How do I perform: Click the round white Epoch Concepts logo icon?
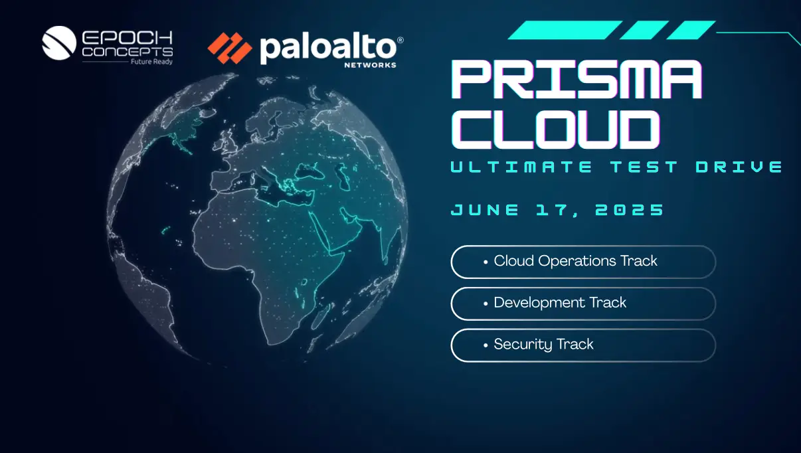pyautogui.click(x=59, y=43)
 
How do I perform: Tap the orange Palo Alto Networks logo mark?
pyautogui.click(x=230, y=48)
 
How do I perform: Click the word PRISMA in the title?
pyautogui.click(x=577, y=79)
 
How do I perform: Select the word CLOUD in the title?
pyautogui.click(x=555, y=129)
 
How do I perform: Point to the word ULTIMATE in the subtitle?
pyautogui.click(x=521, y=167)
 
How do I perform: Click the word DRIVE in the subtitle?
pyautogui.click(x=739, y=167)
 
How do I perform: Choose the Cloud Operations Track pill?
pyautogui.click(x=583, y=262)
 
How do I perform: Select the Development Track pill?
pyautogui.click(x=583, y=304)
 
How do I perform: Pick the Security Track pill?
pyautogui.click(x=583, y=345)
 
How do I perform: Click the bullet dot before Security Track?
pyautogui.click(x=486, y=345)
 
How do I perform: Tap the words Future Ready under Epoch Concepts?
pyautogui.click(x=151, y=62)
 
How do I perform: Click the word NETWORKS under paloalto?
pyautogui.click(x=370, y=65)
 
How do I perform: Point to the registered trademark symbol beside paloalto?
pyautogui.click(x=400, y=40)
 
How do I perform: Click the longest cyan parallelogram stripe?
pyautogui.click(x=565, y=30)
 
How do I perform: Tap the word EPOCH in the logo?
pyautogui.click(x=128, y=38)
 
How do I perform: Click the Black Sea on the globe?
pyautogui.click(x=310, y=171)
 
